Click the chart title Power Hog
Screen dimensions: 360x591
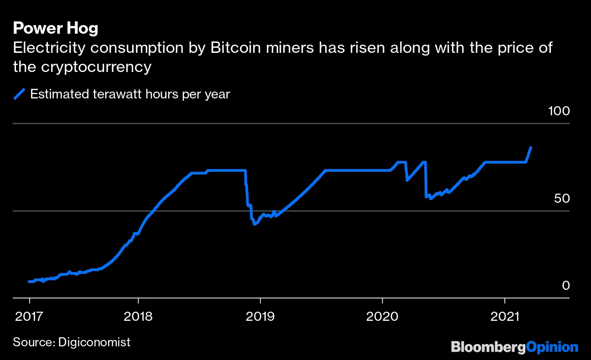(x=55, y=29)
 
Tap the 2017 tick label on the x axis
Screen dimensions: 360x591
(x=29, y=316)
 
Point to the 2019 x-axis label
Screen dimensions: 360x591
(x=260, y=316)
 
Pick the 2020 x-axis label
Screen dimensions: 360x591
(x=382, y=316)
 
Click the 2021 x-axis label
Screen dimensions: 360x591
(x=504, y=316)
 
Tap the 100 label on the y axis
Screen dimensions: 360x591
(x=558, y=111)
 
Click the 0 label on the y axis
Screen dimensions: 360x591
(x=565, y=286)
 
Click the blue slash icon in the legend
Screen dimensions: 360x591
(x=19, y=94)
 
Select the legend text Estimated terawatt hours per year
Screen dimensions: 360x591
(x=130, y=94)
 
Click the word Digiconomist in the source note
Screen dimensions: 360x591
(x=94, y=342)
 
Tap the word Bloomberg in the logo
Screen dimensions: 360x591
(x=488, y=347)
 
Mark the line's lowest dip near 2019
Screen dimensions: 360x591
(x=254, y=224)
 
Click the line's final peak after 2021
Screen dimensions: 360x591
(x=531, y=147)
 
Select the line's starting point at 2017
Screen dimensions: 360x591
(x=29, y=282)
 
